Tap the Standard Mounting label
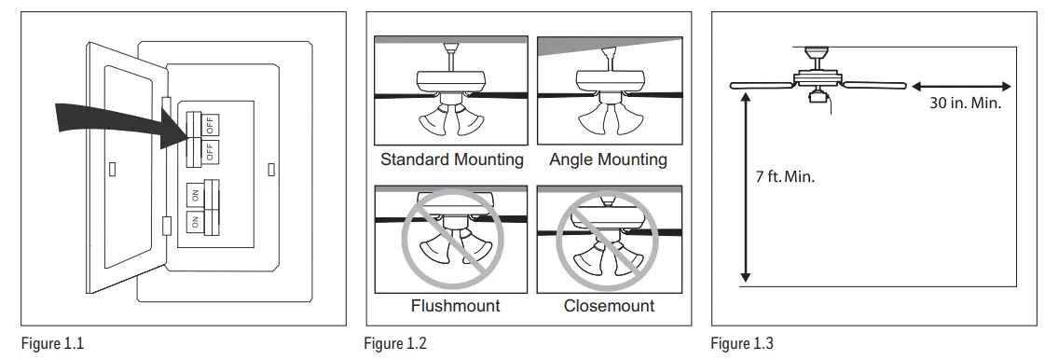pos(452,159)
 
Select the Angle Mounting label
pos(608,159)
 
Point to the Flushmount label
pos(456,305)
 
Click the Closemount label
pos(609,305)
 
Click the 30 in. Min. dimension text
pos(965,104)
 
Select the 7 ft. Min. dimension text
pos(785,177)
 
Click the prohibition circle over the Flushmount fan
pos(453,241)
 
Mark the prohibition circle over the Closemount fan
pos(608,241)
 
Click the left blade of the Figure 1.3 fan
pos(760,85)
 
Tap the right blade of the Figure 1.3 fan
pos(872,85)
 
